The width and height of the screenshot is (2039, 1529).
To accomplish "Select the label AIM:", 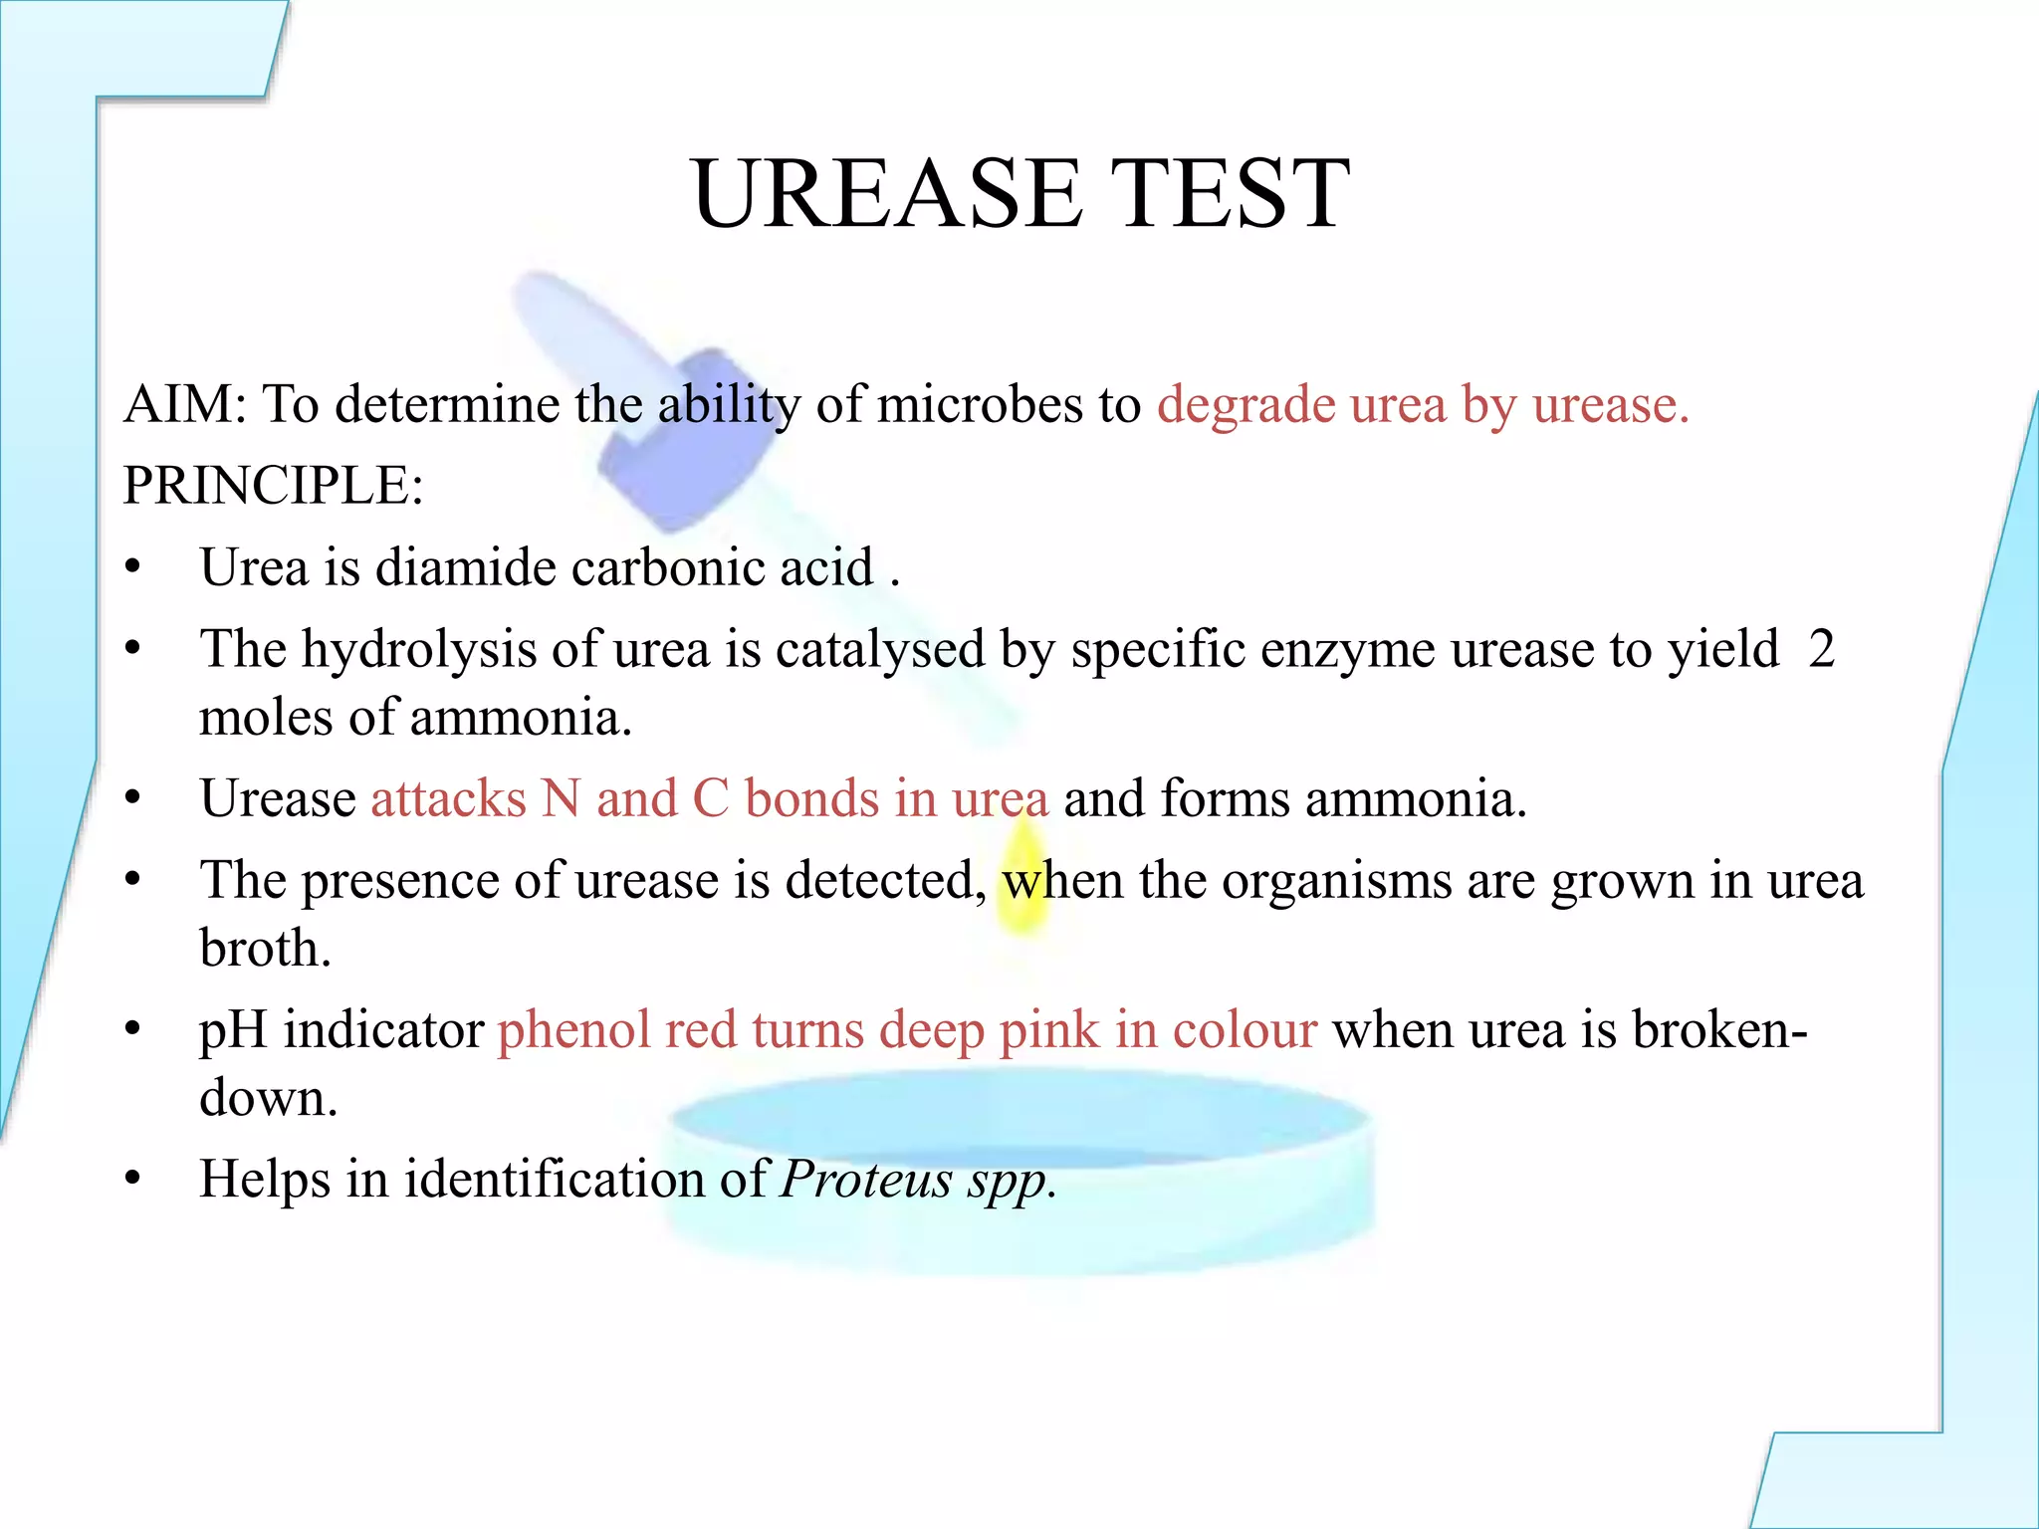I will (185, 404).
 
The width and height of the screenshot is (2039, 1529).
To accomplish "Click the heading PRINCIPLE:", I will (273, 486).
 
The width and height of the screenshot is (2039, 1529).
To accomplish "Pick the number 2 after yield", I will (1821, 649).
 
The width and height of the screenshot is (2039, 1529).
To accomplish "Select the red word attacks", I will (448, 799).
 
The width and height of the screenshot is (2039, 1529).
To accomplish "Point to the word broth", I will (264, 949).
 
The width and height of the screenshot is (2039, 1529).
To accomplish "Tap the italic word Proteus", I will (866, 1181).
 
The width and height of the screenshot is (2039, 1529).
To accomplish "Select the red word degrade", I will (1246, 406).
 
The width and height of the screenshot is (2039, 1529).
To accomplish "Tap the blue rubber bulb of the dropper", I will (687, 438).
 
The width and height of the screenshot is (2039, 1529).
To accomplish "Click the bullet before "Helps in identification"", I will (133, 1180).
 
